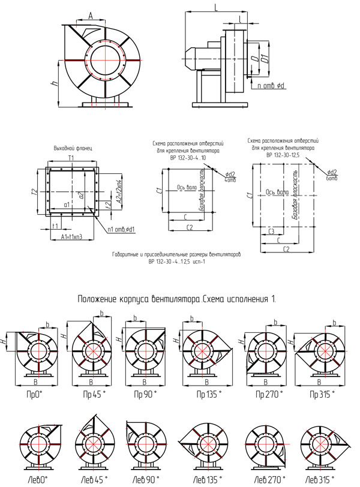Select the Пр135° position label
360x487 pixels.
coord(208,395)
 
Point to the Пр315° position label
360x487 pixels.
coord(322,395)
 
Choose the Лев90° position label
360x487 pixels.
coord(145,480)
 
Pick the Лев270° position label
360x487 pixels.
coord(264,480)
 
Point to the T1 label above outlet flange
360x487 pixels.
coord(72,157)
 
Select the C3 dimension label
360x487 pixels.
coord(271,230)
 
